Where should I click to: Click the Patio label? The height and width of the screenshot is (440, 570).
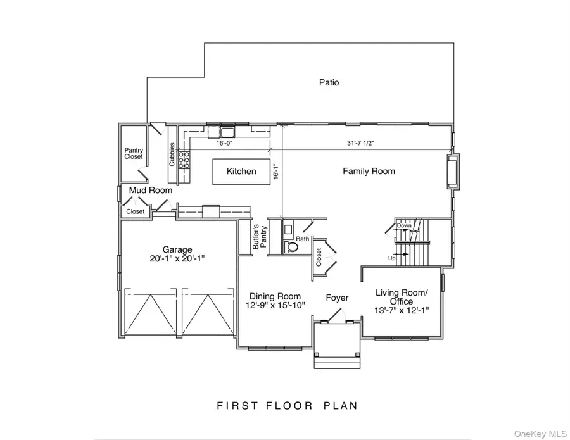[329, 82]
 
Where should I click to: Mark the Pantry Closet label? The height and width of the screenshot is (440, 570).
[134, 153]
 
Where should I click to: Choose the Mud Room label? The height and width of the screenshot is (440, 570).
[146, 190]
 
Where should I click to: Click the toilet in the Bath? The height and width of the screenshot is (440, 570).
[291, 248]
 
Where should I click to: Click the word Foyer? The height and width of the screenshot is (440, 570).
[338, 298]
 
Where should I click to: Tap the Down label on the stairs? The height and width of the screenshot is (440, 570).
[403, 225]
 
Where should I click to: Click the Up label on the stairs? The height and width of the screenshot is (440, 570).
[392, 258]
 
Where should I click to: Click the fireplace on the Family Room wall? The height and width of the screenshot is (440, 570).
[452, 171]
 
